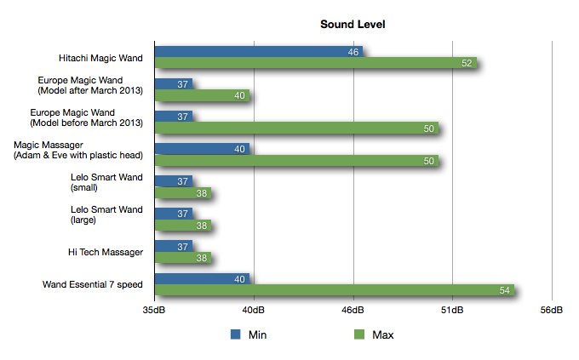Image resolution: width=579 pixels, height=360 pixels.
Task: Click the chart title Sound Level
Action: (x=353, y=25)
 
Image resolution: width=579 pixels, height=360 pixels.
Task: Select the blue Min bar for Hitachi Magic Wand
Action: (x=259, y=52)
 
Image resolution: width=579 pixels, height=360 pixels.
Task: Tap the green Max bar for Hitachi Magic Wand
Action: (x=316, y=63)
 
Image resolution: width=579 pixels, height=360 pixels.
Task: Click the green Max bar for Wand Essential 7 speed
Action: (x=335, y=290)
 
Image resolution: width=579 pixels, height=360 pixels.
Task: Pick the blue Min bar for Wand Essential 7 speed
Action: (x=202, y=279)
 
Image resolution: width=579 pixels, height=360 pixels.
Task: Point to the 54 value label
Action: (x=504, y=290)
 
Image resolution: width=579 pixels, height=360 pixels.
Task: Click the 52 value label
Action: (x=467, y=63)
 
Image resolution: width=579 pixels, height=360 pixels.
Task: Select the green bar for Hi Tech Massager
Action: (x=183, y=257)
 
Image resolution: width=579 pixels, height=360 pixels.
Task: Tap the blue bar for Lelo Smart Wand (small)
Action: (x=174, y=181)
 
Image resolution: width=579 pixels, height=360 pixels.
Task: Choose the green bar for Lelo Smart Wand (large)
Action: (x=183, y=226)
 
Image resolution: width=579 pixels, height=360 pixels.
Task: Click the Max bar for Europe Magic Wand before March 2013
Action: (x=296, y=128)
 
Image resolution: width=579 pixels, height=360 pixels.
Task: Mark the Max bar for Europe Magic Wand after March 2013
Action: (x=202, y=95)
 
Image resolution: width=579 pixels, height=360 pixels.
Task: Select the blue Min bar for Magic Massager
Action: (x=202, y=149)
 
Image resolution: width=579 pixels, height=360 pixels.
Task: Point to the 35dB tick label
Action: (x=154, y=310)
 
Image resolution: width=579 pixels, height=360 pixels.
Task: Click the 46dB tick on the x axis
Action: (x=353, y=310)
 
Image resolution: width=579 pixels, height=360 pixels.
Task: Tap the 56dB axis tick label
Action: (x=551, y=310)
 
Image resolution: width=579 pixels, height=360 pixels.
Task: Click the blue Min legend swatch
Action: (x=235, y=334)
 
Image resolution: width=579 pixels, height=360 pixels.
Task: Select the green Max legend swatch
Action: (x=359, y=334)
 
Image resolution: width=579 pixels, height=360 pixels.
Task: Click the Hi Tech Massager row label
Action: (x=106, y=252)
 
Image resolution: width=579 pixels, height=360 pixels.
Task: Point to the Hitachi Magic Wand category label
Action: (x=100, y=58)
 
